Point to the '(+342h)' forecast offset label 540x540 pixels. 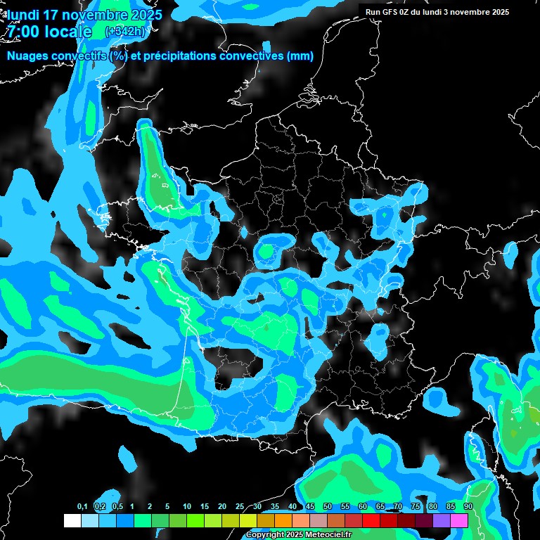coord(125,32)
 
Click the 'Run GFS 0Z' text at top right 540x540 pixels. coord(390,12)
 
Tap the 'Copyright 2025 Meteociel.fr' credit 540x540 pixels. coord(298,535)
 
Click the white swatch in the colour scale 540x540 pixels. coord(72,520)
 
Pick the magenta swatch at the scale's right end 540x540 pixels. coord(459,520)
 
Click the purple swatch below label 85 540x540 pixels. coord(442,520)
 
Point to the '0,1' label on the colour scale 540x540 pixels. coord(82,507)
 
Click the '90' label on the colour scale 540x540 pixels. coord(468,507)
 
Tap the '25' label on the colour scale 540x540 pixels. coord(240,507)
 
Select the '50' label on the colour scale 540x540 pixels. coord(328,507)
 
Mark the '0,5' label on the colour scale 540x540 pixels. coord(117,507)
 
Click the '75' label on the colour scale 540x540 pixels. coord(416,507)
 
